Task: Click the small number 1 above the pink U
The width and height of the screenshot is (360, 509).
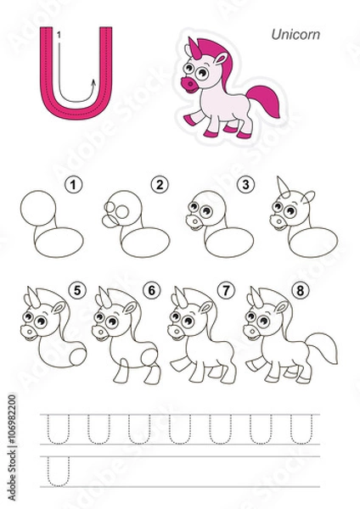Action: pos(59,34)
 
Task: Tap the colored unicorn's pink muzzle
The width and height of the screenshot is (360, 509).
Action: pos(189,84)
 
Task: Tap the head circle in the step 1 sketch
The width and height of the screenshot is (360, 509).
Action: pos(37,209)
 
